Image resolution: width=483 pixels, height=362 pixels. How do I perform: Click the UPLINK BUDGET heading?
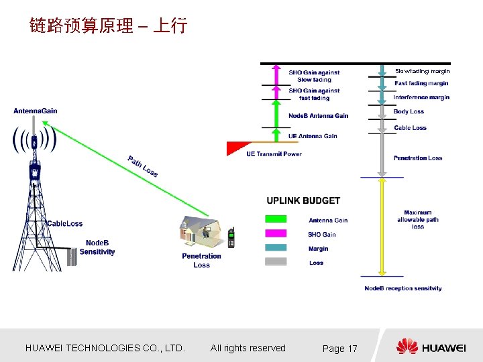tap(303, 200)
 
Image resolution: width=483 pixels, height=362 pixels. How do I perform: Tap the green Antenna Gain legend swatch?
tap(276, 219)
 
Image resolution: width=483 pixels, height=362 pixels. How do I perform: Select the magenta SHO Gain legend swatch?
tap(276, 233)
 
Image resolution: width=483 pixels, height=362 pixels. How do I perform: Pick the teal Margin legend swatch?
tap(276, 248)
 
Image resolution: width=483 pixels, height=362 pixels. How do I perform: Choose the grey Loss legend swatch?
tap(276, 262)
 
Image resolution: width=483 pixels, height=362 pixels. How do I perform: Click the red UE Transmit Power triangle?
tap(238, 147)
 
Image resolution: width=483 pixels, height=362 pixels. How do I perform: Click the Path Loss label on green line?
tap(143, 166)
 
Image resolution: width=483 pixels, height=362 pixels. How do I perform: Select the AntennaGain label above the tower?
tap(35, 111)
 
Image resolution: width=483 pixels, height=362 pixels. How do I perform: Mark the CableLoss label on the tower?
tap(65, 223)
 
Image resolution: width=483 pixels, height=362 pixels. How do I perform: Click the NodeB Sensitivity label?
tap(97, 247)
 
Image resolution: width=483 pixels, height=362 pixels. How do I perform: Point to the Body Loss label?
tap(409, 112)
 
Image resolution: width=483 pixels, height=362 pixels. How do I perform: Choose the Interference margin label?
tap(421, 98)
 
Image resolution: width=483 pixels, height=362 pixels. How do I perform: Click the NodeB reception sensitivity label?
tap(403, 288)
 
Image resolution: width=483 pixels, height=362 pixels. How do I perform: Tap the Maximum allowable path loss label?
tap(418, 219)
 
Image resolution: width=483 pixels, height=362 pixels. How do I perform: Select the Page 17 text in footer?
tap(340, 349)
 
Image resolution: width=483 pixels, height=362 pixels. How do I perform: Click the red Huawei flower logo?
tap(407, 347)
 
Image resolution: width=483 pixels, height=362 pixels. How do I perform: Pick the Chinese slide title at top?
tap(108, 26)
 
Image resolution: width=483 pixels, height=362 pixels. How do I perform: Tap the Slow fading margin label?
tap(423, 71)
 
